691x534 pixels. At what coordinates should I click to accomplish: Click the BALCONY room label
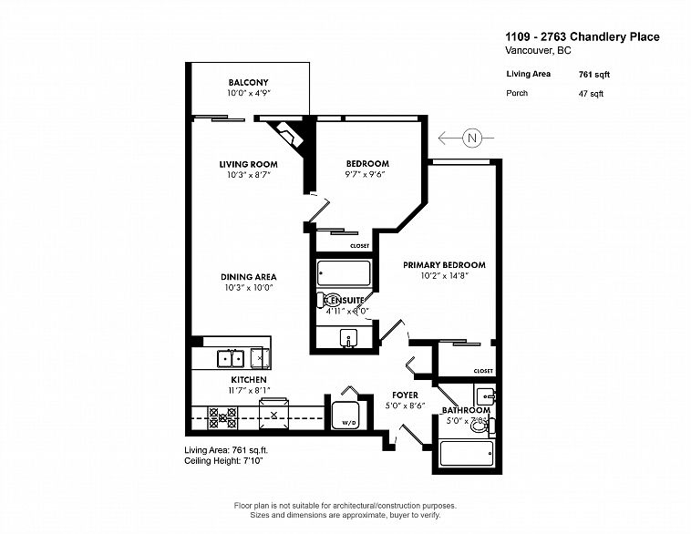(247, 82)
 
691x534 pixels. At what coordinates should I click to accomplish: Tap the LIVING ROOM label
(247, 164)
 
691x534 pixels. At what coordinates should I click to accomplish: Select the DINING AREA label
(247, 277)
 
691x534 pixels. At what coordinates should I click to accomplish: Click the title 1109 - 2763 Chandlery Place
(582, 37)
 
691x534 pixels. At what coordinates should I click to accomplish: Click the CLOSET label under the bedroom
(359, 246)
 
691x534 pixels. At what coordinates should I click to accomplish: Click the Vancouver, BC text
(539, 52)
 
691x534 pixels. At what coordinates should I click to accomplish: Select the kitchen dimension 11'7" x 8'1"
(247, 389)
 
